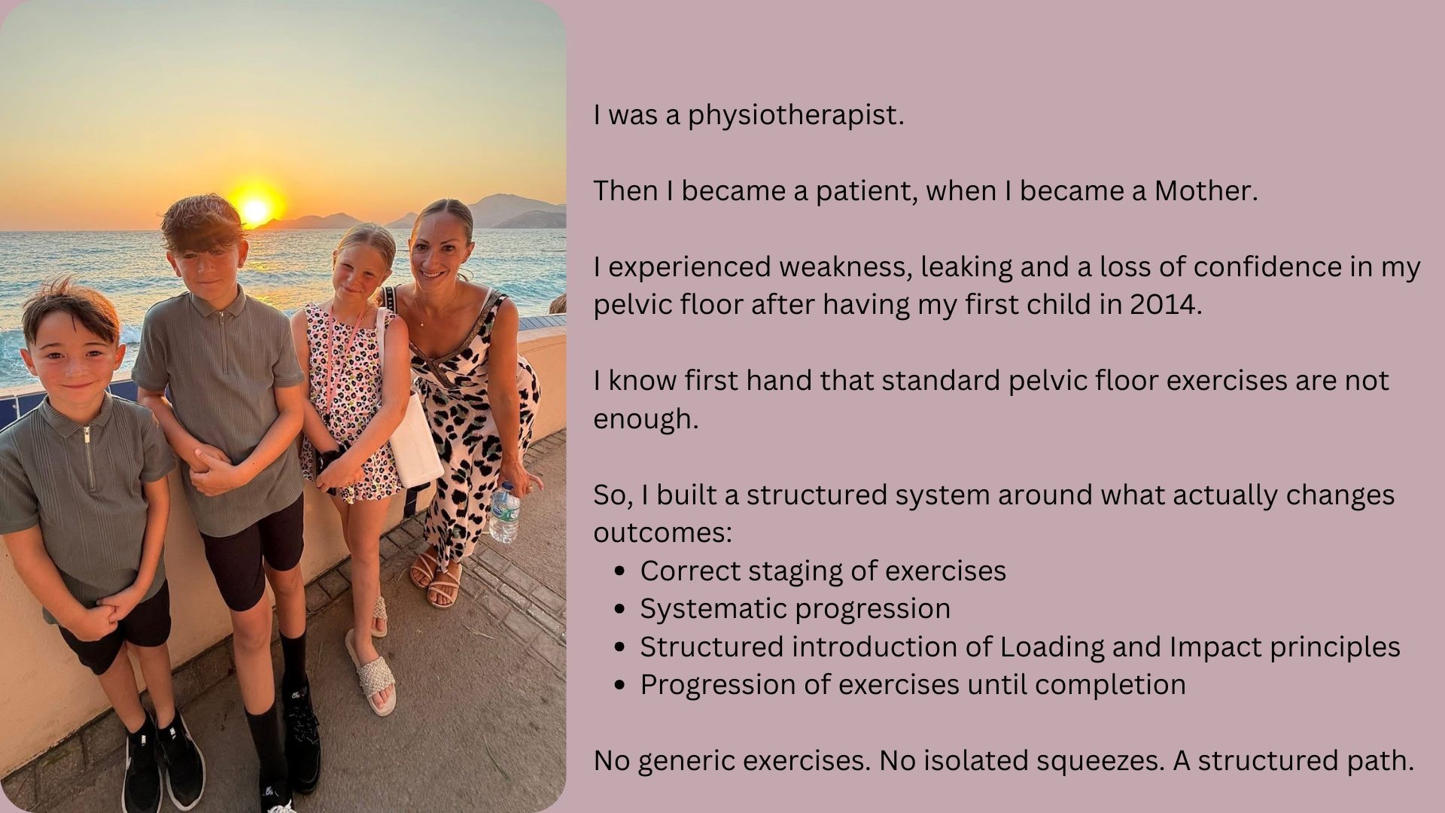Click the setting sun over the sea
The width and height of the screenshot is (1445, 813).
(254, 207)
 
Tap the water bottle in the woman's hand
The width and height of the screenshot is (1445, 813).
(504, 513)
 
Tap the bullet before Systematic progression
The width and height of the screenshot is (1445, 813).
(620, 608)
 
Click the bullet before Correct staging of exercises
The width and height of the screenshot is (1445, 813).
(620, 571)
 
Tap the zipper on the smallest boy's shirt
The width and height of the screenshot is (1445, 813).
(87, 457)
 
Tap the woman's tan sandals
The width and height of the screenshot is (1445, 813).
(437, 576)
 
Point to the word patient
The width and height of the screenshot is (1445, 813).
(864, 191)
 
